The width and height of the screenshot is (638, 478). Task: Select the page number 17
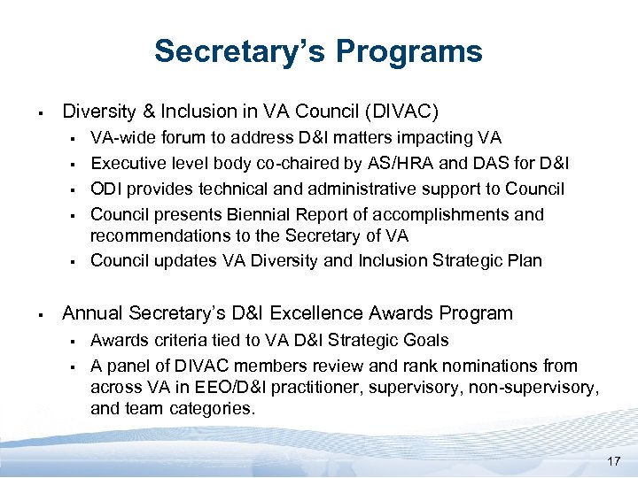click(614, 461)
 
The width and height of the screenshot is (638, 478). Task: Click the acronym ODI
click(107, 189)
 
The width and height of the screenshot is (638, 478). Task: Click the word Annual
click(93, 313)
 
